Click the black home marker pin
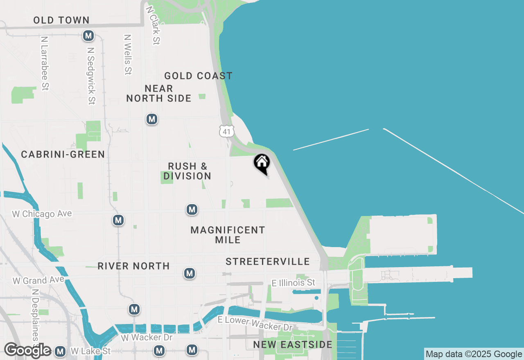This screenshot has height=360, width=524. coord(262,163)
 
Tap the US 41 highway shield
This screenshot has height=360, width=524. coord(227,131)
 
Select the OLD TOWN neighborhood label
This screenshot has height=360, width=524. coord(61,20)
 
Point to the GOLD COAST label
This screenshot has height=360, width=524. coord(198,76)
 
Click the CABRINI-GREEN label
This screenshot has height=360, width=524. coord(63,154)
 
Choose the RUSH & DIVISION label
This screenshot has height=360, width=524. coord(187,171)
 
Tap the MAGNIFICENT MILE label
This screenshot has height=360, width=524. coord(228,235)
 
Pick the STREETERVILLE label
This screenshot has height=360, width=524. coord(268,261)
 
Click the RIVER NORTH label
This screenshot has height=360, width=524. coord(133,266)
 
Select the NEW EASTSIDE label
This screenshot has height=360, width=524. coord(292,344)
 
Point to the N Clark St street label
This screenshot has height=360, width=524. coord(153,25)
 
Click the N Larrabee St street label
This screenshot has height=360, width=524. coord(45,63)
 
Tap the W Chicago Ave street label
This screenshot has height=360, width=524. coord(42,214)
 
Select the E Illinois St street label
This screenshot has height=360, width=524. coord(294,283)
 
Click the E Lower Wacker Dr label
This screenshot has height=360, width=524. coord(255,323)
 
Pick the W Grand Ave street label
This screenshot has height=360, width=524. coord(38,280)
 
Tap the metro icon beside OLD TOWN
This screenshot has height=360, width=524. coord(88,36)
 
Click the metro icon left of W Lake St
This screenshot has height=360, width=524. coord(60,351)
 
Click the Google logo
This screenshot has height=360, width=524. coord(27,350)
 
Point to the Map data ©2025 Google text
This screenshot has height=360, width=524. coord(474,354)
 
